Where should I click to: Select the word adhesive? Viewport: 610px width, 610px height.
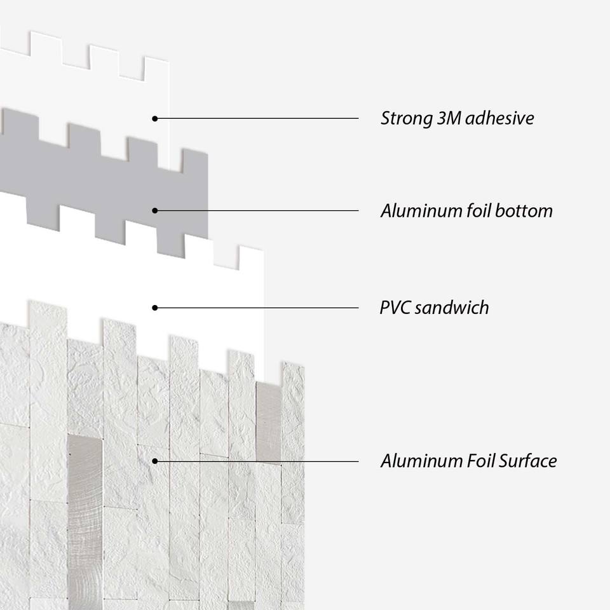(x=500, y=119)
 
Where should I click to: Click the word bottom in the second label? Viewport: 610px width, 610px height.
(x=522, y=211)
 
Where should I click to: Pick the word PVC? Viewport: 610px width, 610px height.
(x=394, y=308)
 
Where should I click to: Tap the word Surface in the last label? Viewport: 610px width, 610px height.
(x=527, y=461)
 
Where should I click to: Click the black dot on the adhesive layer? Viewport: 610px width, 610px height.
(x=154, y=118)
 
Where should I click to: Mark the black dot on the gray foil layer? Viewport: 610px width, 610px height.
(x=154, y=210)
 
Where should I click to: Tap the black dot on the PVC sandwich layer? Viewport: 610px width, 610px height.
(x=154, y=308)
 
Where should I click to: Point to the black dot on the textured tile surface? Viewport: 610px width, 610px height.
(x=154, y=461)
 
